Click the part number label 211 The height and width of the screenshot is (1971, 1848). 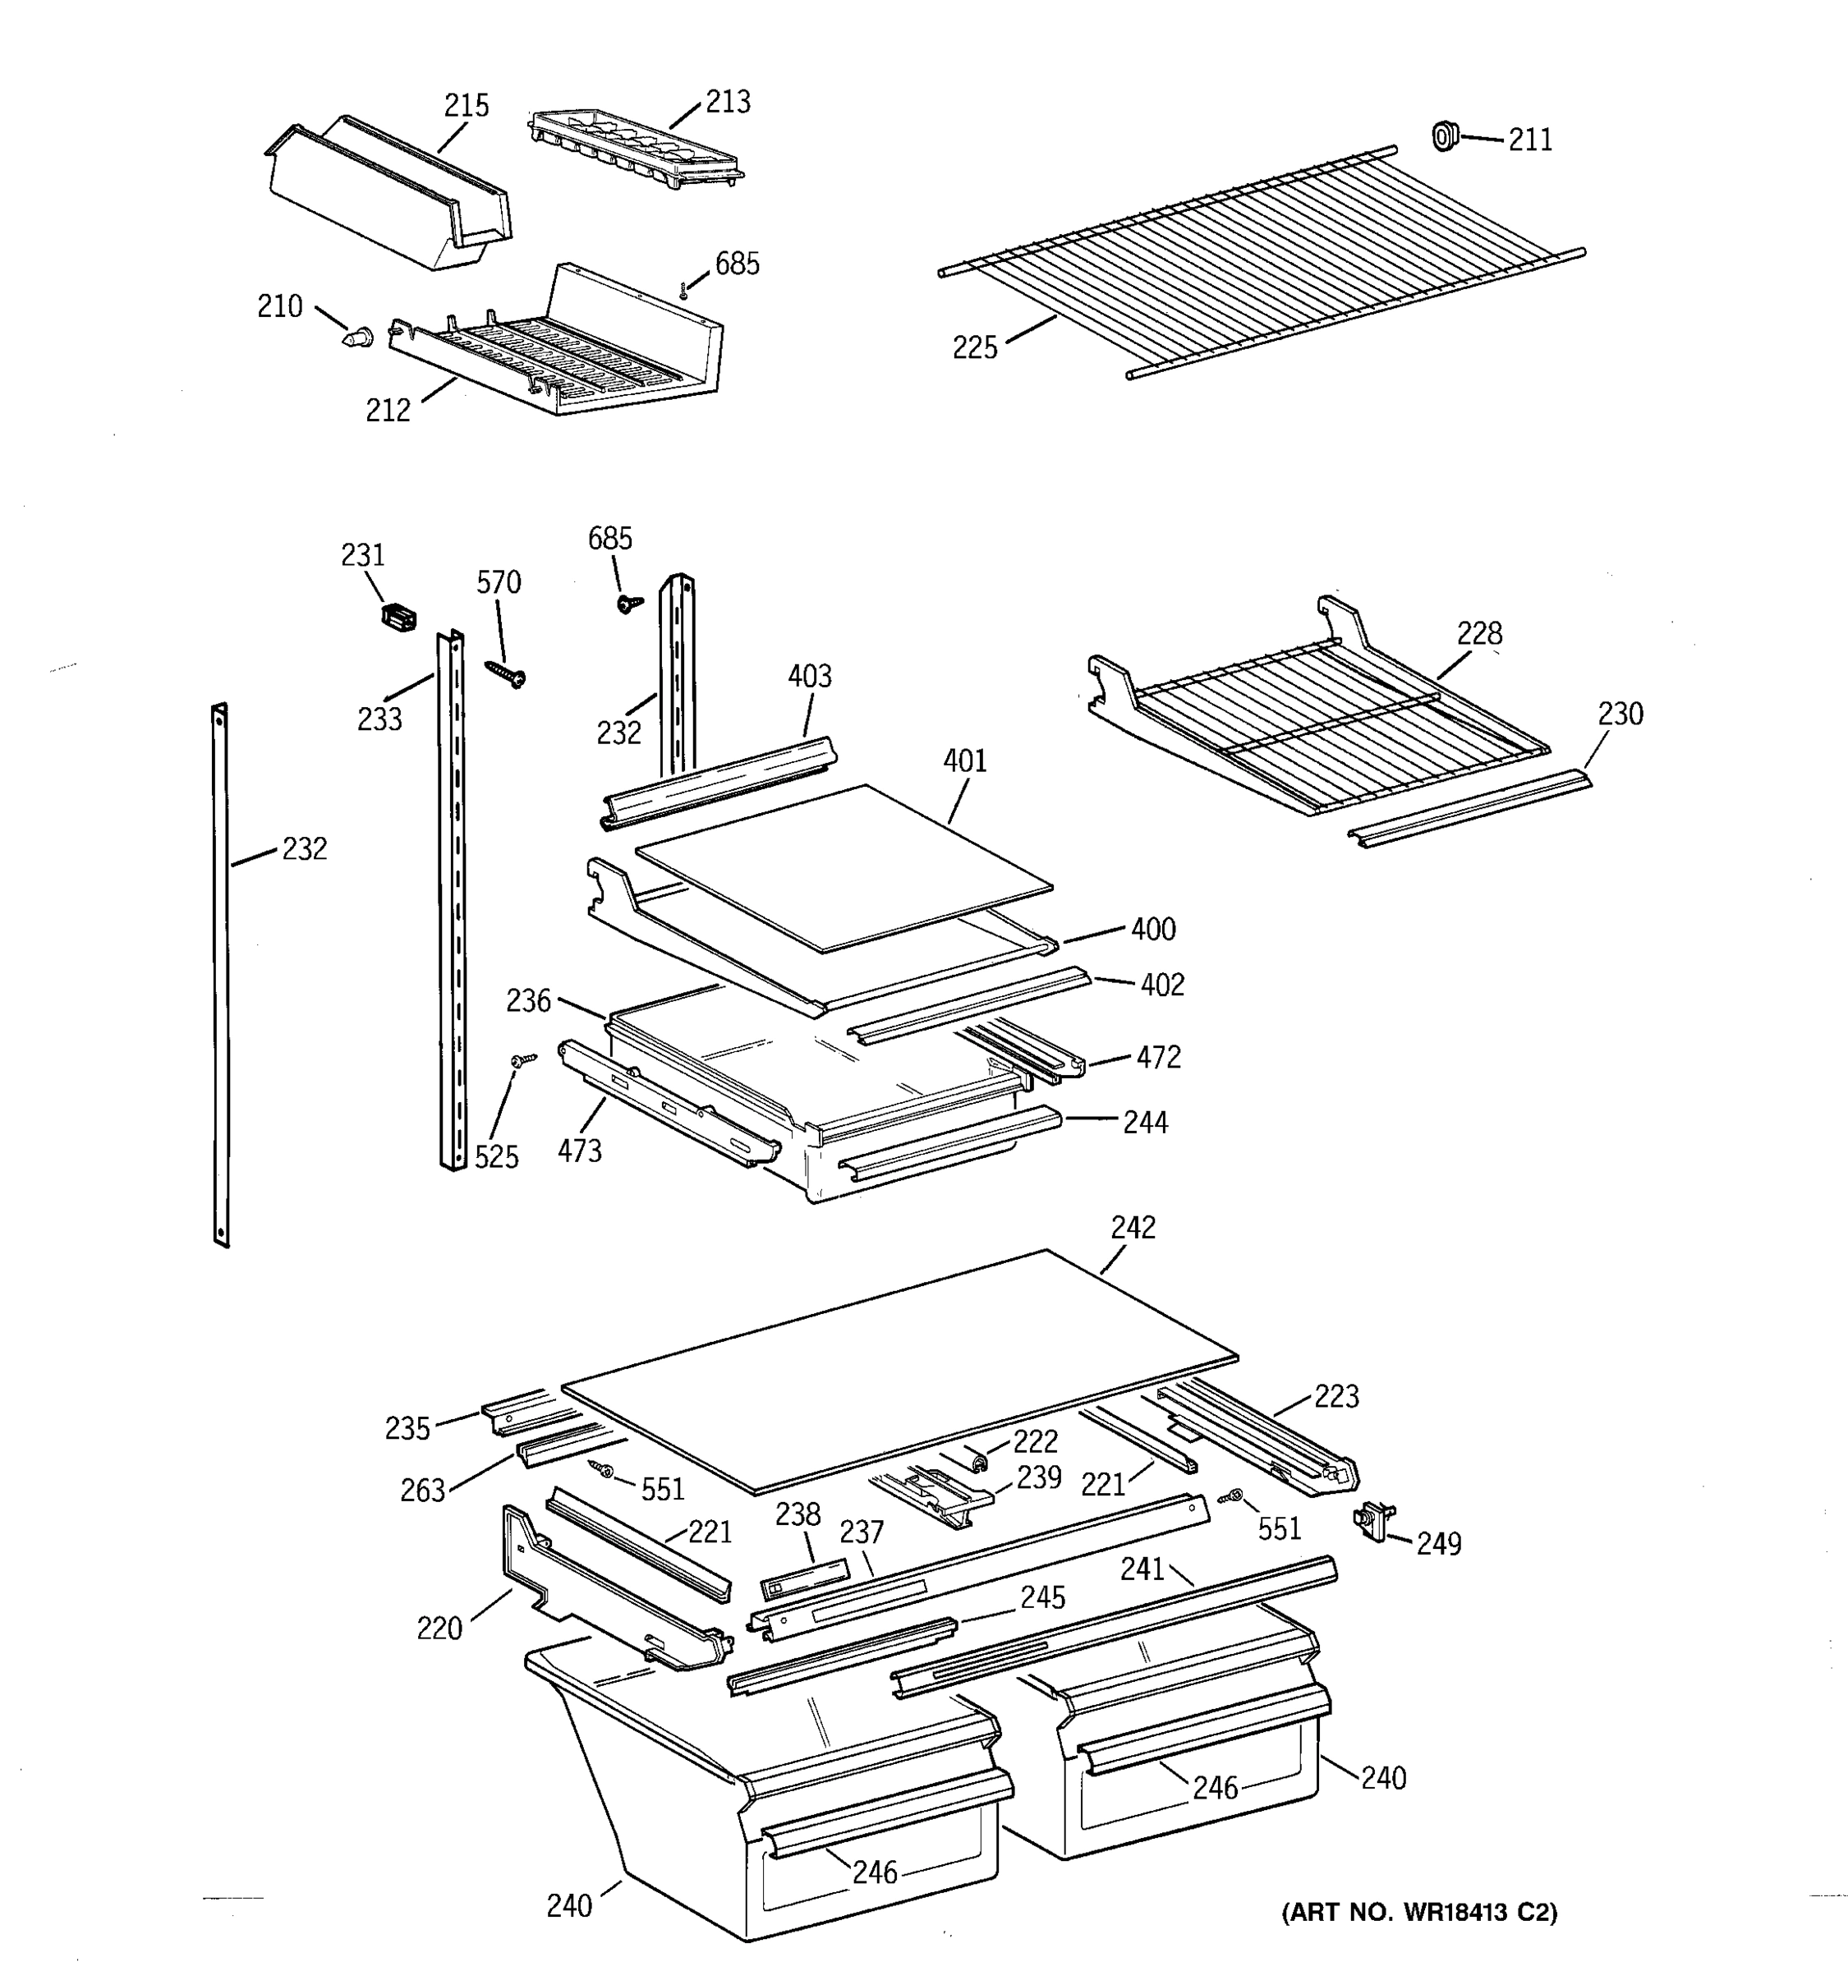[1530, 140]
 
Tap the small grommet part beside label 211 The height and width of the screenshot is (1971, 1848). [1445, 136]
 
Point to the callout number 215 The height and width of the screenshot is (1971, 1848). [466, 105]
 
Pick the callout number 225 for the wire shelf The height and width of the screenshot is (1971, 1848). [975, 348]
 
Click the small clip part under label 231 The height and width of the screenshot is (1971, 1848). [398, 618]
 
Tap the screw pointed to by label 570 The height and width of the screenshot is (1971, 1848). [507, 673]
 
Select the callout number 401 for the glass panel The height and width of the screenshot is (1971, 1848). [964, 760]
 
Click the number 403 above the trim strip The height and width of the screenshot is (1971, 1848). [809, 676]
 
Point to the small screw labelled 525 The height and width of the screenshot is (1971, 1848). [522, 1061]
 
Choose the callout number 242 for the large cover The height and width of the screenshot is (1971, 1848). [1132, 1228]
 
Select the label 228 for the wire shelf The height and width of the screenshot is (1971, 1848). [1479, 632]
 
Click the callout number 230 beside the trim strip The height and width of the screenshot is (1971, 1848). [1620, 714]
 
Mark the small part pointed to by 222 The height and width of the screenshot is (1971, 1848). [977, 1461]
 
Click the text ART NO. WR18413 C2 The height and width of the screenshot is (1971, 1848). [1418, 1912]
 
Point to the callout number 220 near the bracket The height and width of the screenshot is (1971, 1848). [439, 1628]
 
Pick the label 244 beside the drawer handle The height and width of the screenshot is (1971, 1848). [1145, 1123]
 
